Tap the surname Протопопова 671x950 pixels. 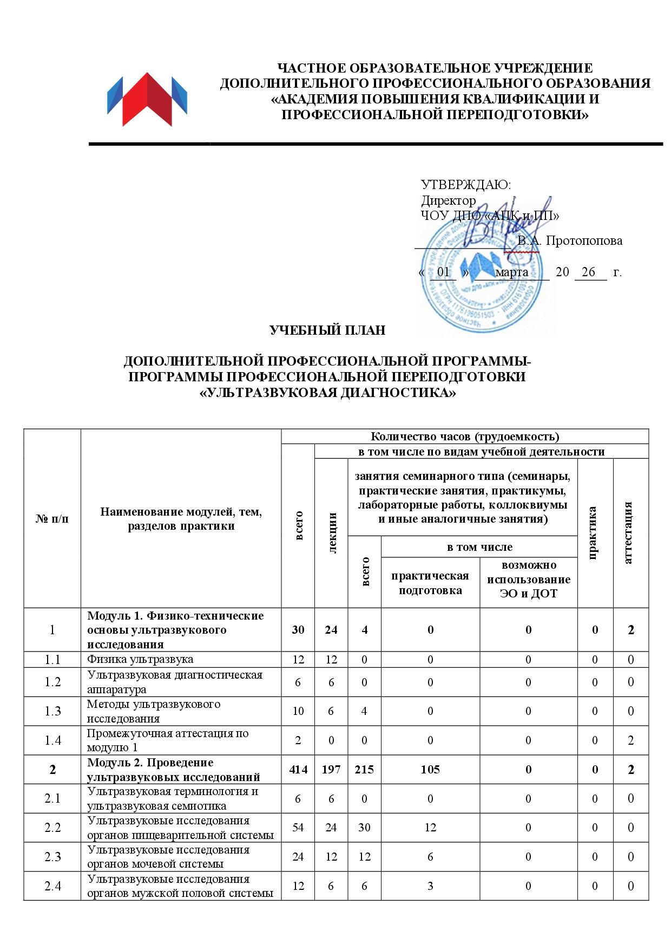584,240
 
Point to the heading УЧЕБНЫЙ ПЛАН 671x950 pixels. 327,330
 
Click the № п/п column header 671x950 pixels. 52,518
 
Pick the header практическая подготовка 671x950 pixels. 430,583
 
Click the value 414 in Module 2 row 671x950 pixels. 298,769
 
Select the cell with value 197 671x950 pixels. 331,769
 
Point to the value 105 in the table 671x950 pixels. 430,769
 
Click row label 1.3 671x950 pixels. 52,711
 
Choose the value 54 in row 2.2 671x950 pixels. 298,828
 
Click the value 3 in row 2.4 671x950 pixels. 430,886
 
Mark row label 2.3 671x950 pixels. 52,857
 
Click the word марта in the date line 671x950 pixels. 511,272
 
